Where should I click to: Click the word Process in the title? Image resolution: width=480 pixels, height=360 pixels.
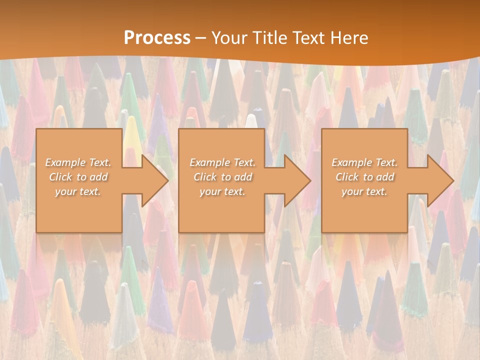(x=157, y=38)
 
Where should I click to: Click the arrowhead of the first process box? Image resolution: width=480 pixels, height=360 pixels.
(x=152, y=180)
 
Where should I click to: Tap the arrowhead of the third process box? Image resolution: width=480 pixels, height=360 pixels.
(x=438, y=180)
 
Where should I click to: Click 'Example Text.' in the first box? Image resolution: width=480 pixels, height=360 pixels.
(x=78, y=162)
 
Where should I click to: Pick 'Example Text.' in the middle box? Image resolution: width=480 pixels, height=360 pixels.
(x=222, y=162)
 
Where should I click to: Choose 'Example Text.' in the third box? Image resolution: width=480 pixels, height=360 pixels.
(x=364, y=162)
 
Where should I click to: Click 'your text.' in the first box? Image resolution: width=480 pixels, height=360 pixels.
(x=78, y=191)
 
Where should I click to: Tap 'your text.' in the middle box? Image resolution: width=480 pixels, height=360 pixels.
(x=222, y=191)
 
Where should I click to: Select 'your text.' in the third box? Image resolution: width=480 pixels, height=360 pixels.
(x=364, y=191)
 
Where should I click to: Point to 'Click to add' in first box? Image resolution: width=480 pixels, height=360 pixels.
(x=78, y=177)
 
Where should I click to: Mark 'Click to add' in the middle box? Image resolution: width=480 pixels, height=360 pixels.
(x=222, y=177)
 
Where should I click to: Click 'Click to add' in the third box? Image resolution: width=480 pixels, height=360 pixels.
(x=365, y=177)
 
